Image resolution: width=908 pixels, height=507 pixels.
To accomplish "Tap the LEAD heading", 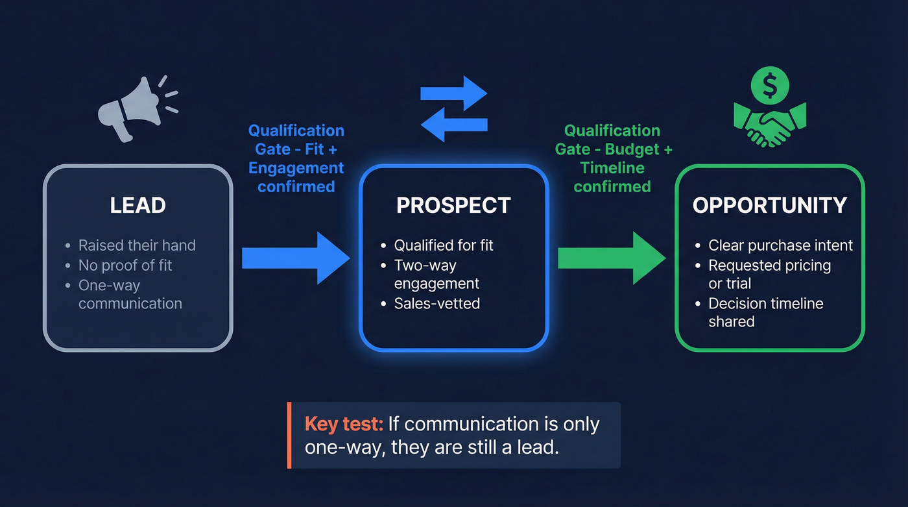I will pyautogui.click(x=137, y=206).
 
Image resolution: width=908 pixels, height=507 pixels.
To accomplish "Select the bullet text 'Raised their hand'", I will pyautogui.click(x=137, y=245).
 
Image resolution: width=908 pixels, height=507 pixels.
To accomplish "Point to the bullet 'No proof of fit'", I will pyautogui.click(x=125, y=265).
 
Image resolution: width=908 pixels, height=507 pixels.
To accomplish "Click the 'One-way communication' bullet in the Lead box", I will pyautogui.click(x=130, y=294).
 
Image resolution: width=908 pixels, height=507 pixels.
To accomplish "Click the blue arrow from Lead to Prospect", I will pyautogui.click(x=295, y=258).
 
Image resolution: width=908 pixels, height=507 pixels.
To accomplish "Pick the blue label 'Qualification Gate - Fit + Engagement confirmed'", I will pyautogui.click(x=296, y=159).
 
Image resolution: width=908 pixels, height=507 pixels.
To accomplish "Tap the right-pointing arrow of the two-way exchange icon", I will pyautogui.click(x=453, y=93).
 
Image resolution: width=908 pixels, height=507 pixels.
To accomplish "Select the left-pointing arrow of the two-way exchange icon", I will pyautogui.click(x=454, y=123).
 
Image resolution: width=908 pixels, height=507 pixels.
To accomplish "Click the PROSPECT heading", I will pyautogui.click(x=453, y=206).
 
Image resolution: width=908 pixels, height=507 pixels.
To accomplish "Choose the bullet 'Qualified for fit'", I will pyautogui.click(x=444, y=245).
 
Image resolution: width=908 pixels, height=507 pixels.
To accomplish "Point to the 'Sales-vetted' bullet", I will pyautogui.click(x=437, y=303).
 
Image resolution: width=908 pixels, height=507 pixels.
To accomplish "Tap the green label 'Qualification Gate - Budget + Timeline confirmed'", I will pyautogui.click(x=613, y=159).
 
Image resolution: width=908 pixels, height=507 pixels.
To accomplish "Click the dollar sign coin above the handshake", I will pyautogui.click(x=770, y=85).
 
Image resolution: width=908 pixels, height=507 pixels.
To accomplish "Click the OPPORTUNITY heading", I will pyautogui.click(x=770, y=206).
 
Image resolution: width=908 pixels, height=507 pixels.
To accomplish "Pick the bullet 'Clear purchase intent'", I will pyautogui.click(x=780, y=245).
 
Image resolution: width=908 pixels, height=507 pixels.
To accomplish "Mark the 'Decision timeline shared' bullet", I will pyautogui.click(x=765, y=312).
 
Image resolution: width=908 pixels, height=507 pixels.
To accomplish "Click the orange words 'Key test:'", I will pyautogui.click(x=344, y=425).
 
